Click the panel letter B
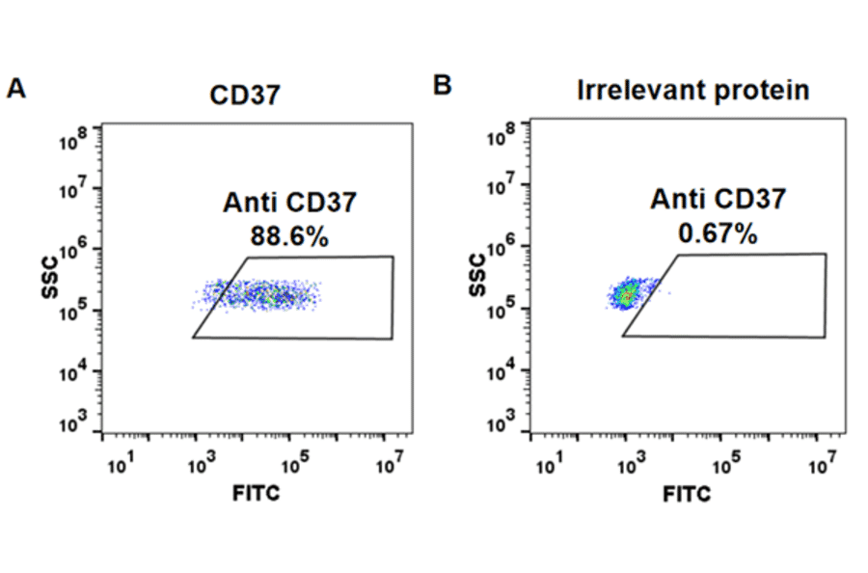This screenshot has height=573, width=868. [443, 87]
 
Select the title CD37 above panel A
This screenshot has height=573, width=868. [245, 96]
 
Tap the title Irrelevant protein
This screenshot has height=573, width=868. [692, 91]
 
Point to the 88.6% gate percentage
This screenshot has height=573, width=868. [289, 235]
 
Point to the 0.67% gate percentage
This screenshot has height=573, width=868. [717, 233]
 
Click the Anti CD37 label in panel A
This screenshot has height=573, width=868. [289, 203]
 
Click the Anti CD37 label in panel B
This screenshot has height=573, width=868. [718, 200]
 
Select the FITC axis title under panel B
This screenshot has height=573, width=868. [687, 495]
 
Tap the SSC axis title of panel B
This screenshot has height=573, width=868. [480, 274]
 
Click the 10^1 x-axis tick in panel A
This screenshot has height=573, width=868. [119, 466]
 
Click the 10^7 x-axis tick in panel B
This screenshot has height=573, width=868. [819, 466]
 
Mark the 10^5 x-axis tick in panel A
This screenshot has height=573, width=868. [295, 466]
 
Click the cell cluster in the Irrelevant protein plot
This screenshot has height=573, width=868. [628, 293]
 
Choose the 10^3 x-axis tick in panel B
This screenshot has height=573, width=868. [630, 466]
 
